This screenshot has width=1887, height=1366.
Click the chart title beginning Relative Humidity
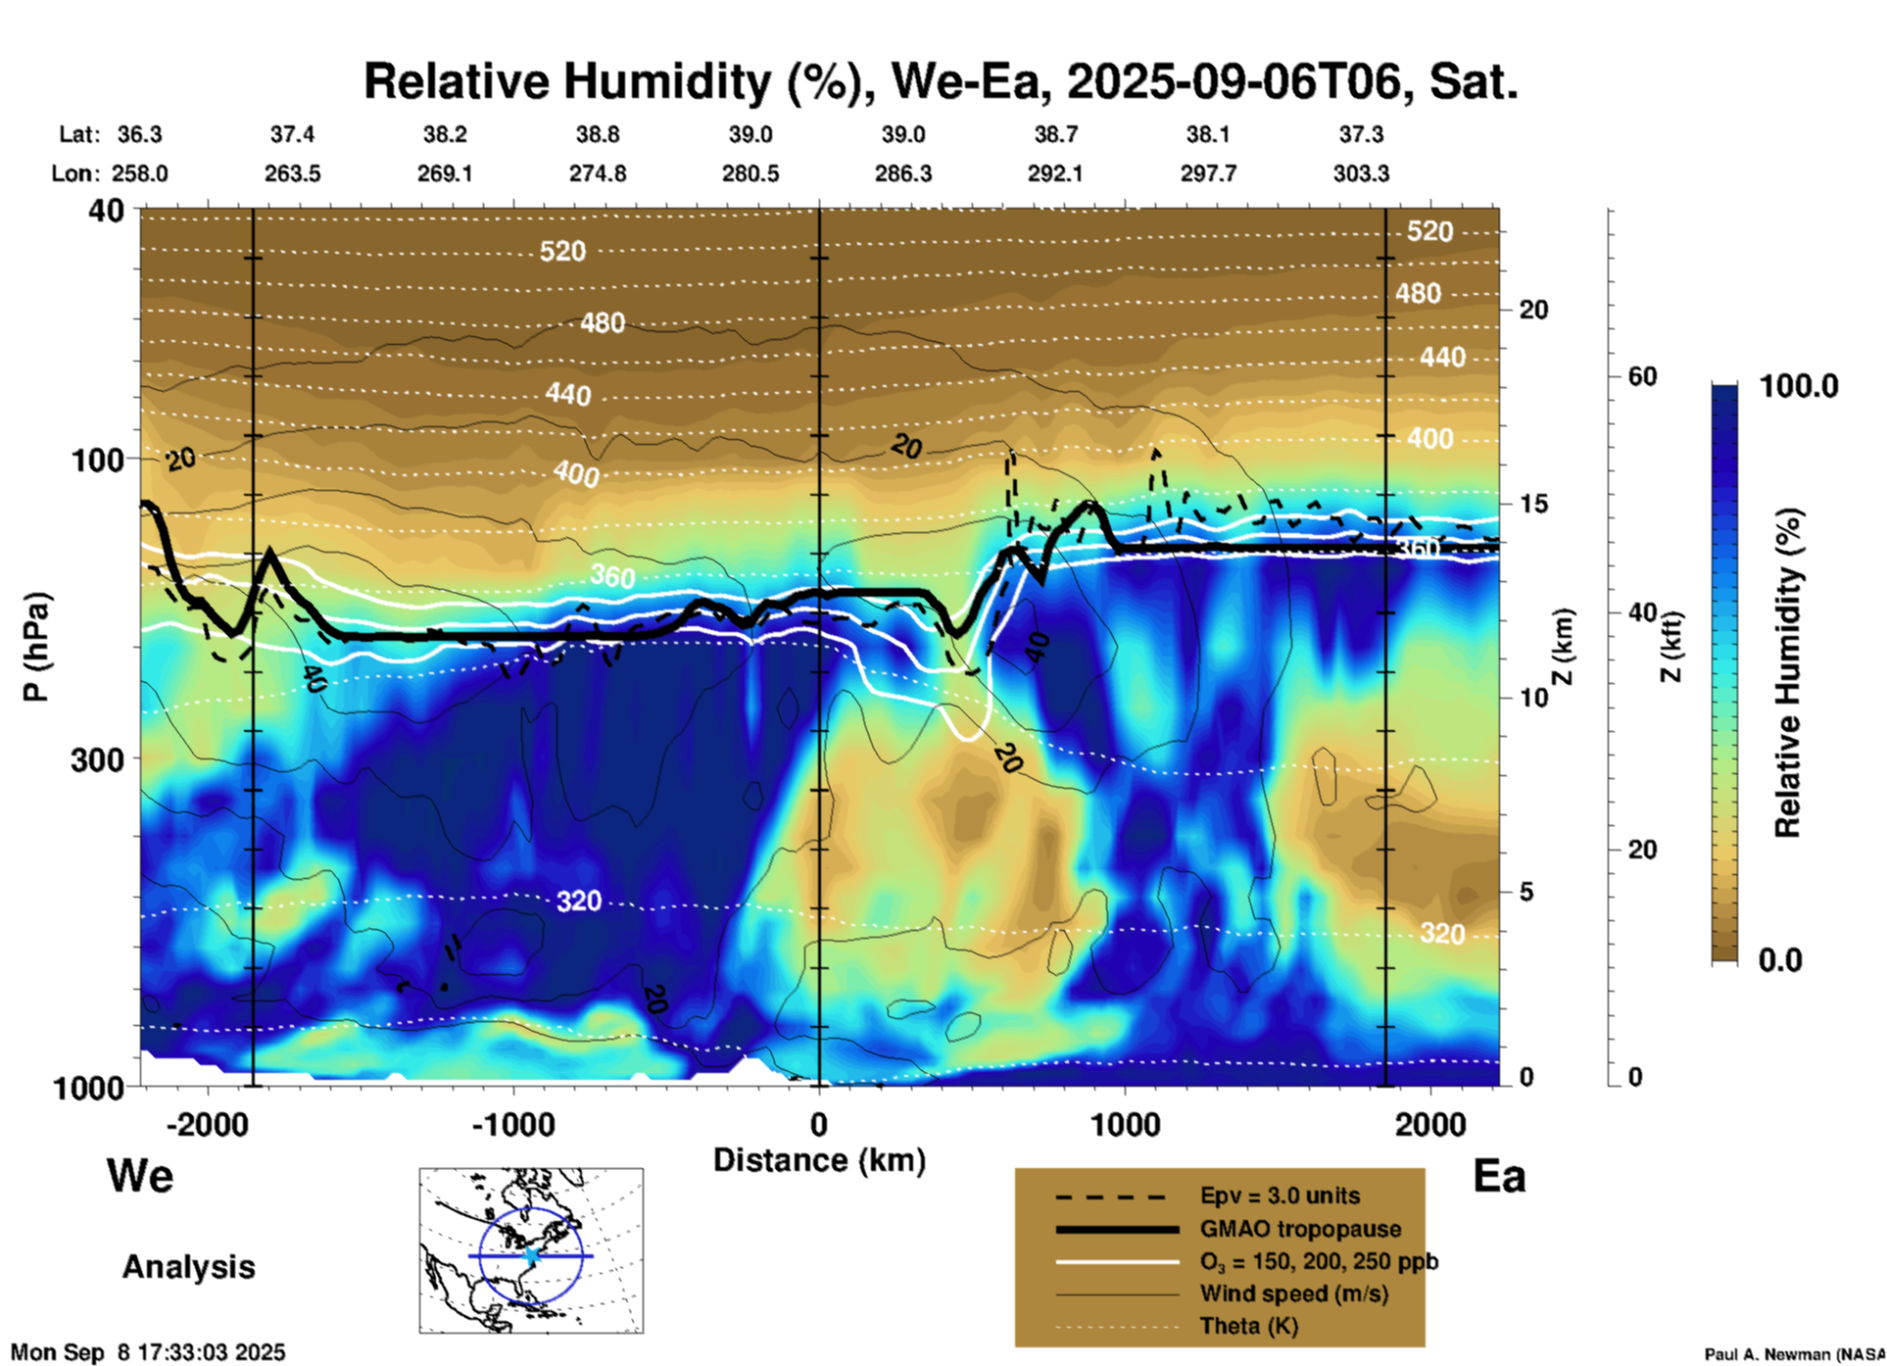click(941, 81)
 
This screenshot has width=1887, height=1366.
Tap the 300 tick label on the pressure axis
click(97, 759)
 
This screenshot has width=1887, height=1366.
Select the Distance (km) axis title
click(819, 1160)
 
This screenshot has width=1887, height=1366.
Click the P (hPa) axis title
click(36, 646)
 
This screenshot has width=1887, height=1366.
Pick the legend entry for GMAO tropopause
click(1300, 1229)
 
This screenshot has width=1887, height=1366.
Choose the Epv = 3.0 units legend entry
click(1280, 1195)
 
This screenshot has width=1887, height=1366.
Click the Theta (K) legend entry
click(1248, 1326)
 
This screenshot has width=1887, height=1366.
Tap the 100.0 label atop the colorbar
click(1799, 386)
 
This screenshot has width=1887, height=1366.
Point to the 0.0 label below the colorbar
click(1780, 959)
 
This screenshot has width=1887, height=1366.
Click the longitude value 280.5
click(750, 173)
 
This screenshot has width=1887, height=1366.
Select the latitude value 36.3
click(139, 134)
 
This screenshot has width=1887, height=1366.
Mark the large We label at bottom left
click(140, 1175)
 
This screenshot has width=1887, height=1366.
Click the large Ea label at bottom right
click(1499, 1176)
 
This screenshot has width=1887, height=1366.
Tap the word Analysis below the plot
click(188, 1267)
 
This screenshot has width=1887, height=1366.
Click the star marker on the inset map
click(531, 1255)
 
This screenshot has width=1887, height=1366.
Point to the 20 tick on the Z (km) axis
click(1533, 310)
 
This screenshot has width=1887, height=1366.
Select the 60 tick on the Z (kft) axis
click(1642, 376)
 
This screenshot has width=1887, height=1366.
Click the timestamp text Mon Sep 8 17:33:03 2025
click(148, 1352)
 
